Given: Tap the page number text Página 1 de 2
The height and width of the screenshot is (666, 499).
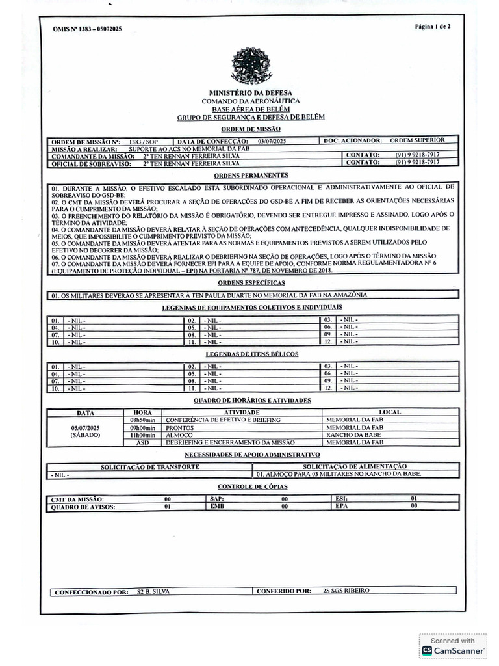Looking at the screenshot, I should (432, 27).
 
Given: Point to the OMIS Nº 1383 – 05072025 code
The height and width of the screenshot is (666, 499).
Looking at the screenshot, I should (87, 29).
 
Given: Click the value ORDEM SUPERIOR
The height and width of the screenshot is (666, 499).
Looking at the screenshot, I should (417, 140).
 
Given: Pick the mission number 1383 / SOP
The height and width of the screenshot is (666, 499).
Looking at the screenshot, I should (143, 141).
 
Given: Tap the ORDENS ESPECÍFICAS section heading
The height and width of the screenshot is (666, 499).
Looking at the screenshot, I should (252, 283).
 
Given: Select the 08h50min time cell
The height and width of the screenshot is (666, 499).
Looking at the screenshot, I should (142, 420).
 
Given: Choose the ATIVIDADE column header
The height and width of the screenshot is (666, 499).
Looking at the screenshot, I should (242, 412).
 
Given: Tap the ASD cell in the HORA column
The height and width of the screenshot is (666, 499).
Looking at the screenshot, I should (142, 442).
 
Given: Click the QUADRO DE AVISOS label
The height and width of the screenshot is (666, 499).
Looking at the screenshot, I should (83, 507).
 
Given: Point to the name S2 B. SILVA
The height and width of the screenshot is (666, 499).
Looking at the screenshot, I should (153, 591).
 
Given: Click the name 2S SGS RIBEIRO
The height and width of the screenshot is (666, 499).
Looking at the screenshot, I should (346, 591).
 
